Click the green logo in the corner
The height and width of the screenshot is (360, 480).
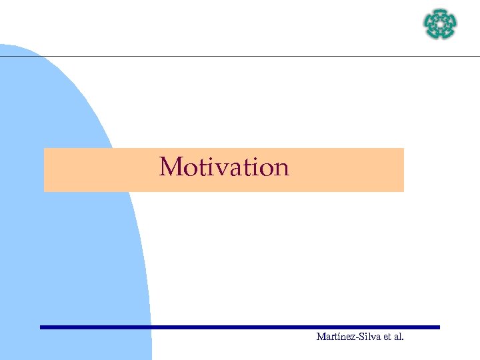tap(440, 25)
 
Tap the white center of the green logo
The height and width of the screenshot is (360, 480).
tap(440, 25)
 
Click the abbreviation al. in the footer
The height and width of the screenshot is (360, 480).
tap(398, 337)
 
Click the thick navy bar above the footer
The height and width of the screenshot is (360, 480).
tap(240, 327)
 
